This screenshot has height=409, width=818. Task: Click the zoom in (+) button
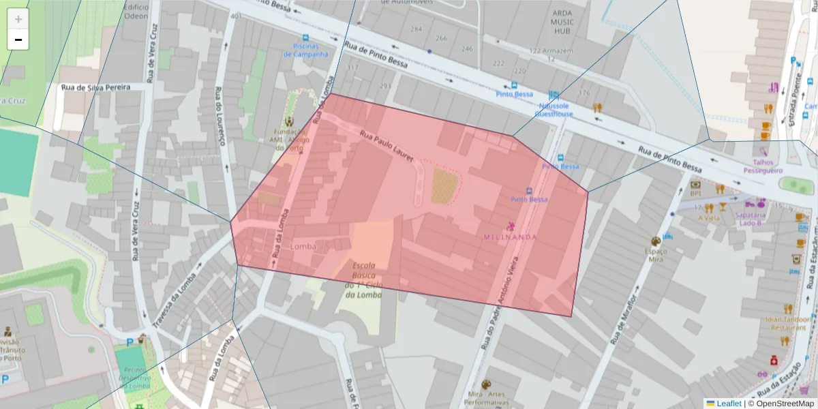[x=18, y=19]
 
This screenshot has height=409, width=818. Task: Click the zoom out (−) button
[x=18, y=40]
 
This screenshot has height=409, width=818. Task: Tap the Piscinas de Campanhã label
[x=310, y=50]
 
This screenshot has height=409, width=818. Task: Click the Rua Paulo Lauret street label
[x=387, y=145]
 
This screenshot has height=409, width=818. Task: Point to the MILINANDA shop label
[x=510, y=237]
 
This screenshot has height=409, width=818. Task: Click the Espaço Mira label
[x=655, y=255]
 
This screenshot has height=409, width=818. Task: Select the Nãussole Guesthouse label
[x=554, y=110]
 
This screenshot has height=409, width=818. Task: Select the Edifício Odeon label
[x=136, y=11]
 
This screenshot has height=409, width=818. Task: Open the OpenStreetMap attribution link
[x=781, y=404]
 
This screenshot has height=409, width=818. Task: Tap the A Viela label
[x=709, y=217]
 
